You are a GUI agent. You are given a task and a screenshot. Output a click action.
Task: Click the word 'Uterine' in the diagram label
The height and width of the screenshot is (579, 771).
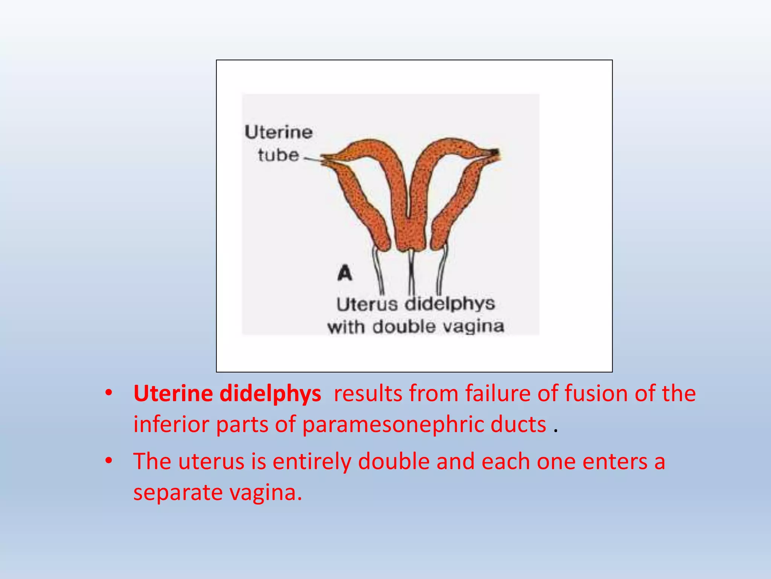(x=279, y=132)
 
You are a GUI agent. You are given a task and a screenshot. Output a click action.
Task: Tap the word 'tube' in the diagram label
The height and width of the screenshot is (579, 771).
(x=279, y=155)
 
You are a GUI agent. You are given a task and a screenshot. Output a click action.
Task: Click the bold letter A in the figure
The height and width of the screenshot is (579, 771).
(x=345, y=273)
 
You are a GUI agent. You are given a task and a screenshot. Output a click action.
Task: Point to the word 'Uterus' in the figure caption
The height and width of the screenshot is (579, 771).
(x=367, y=305)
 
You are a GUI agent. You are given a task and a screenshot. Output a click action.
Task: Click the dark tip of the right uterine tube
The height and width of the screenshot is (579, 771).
(x=495, y=153)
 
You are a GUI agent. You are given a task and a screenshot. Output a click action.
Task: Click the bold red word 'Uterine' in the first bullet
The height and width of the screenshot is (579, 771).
(x=173, y=394)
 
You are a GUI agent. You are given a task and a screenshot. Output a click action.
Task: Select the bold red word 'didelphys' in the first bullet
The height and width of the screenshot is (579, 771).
(x=270, y=394)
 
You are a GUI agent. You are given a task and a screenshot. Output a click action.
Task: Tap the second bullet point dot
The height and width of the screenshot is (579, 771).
(x=109, y=461)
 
